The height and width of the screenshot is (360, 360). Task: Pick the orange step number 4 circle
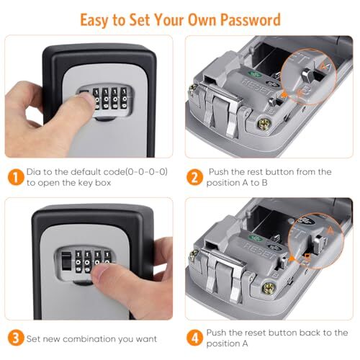[x=194, y=338]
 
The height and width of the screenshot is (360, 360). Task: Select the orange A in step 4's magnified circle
[x=330, y=229]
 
